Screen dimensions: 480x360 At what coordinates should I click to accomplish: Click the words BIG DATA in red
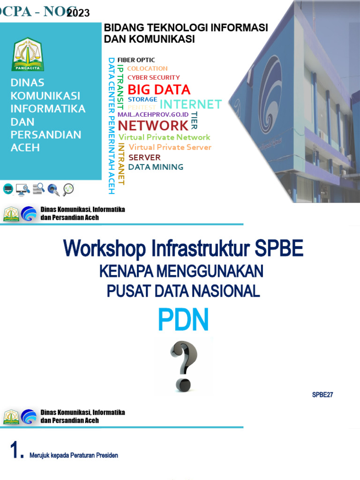pyautogui.click(x=159, y=90)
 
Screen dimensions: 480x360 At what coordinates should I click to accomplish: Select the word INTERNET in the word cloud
pyautogui.click(x=190, y=104)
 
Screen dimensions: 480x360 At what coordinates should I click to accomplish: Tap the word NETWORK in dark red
pyautogui.click(x=153, y=125)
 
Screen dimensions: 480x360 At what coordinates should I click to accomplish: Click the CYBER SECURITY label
pyautogui.click(x=154, y=77)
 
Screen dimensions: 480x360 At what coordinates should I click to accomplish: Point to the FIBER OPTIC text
pyautogui.click(x=136, y=60)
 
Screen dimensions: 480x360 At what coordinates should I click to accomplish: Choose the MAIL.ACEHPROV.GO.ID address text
pyautogui.click(x=153, y=114)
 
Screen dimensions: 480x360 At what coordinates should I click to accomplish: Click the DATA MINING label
pyautogui.click(x=156, y=167)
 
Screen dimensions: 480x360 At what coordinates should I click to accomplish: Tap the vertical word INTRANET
pyautogui.click(x=121, y=164)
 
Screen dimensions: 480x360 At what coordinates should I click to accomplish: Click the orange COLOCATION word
pyautogui.click(x=147, y=68)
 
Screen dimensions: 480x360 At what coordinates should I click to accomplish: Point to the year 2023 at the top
pyautogui.click(x=78, y=13)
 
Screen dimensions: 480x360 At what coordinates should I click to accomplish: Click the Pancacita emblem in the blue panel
pyautogui.click(x=27, y=54)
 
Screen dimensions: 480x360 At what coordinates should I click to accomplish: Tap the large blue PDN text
pyautogui.click(x=183, y=321)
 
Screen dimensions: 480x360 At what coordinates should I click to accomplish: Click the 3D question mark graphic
pyautogui.click(x=183, y=366)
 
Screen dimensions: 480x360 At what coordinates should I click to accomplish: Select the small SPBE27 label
pyautogui.click(x=322, y=395)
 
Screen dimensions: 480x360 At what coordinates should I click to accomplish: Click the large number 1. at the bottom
pyautogui.click(x=17, y=451)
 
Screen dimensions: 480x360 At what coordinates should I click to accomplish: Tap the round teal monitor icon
pyautogui.click(x=8, y=189)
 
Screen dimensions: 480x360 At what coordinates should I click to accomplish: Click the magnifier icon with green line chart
pyautogui.click(x=68, y=189)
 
